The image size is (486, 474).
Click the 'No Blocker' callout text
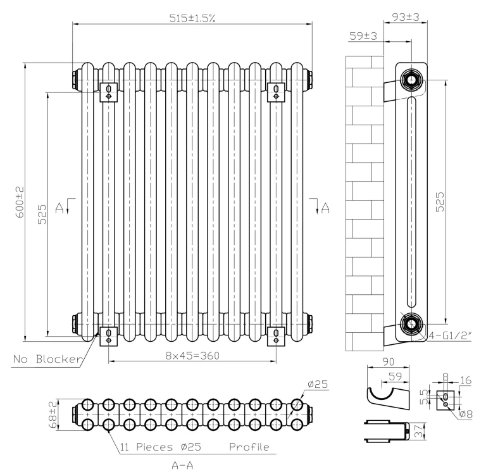[x=48, y=360]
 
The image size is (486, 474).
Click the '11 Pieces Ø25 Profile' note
[x=194, y=447]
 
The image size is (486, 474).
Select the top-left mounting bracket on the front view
[x=110, y=92]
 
